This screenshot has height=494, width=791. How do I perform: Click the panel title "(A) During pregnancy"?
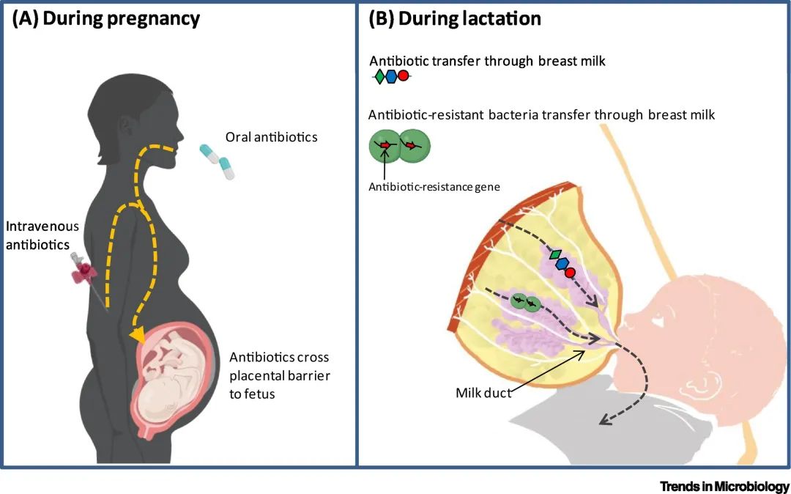click(105, 19)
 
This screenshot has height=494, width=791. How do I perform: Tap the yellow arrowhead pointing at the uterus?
click(135, 335)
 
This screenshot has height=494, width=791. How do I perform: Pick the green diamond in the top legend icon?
click(379, 75)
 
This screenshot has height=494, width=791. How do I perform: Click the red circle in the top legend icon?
click(403, 75)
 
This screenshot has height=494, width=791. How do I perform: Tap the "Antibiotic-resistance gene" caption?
click(434, 186)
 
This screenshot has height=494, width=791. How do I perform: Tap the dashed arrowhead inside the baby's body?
click(604, 420)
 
